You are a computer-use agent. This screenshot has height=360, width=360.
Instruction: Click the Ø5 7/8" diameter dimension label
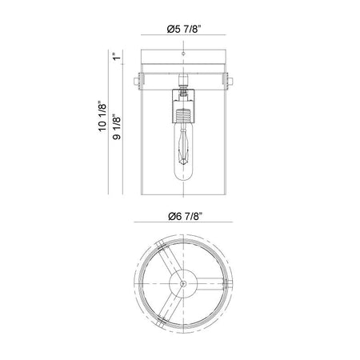[183, 29]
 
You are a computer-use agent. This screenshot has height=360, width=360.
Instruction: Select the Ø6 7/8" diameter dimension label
[184, 217]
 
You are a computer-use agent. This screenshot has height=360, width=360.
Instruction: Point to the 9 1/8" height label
[117, 126]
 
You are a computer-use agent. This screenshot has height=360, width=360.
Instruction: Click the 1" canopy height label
[117, 57]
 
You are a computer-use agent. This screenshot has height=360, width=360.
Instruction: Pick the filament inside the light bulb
[183, 147]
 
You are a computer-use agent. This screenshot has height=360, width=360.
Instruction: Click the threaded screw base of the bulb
[183, 114]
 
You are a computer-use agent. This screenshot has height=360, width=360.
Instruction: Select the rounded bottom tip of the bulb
[183, 178]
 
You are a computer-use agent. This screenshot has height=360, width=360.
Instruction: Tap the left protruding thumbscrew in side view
[137, 81]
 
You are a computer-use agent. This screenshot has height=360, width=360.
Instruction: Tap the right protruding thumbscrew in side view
[230, 81]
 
